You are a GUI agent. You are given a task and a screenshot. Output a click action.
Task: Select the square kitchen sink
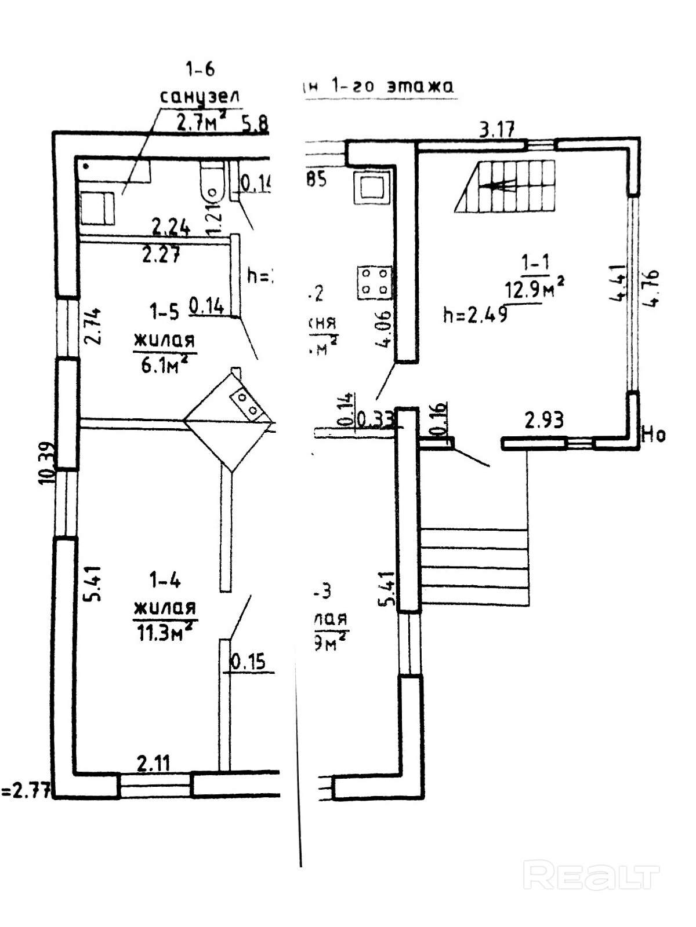[x=371, y=187]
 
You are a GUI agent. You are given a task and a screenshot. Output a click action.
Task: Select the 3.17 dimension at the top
[x=497, y=129]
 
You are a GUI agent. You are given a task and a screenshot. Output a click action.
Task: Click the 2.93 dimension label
[x=543, y=419]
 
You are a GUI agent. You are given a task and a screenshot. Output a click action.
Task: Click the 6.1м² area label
[x=166, y=364]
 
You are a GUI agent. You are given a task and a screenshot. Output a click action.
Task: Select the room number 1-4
[x=165, y=579]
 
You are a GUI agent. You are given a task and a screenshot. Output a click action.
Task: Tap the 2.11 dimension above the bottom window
[x=154, y=762]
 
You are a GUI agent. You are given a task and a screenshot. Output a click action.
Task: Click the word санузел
[x=200, y=96]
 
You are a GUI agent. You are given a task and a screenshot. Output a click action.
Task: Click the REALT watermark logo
[x=591, y=875]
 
